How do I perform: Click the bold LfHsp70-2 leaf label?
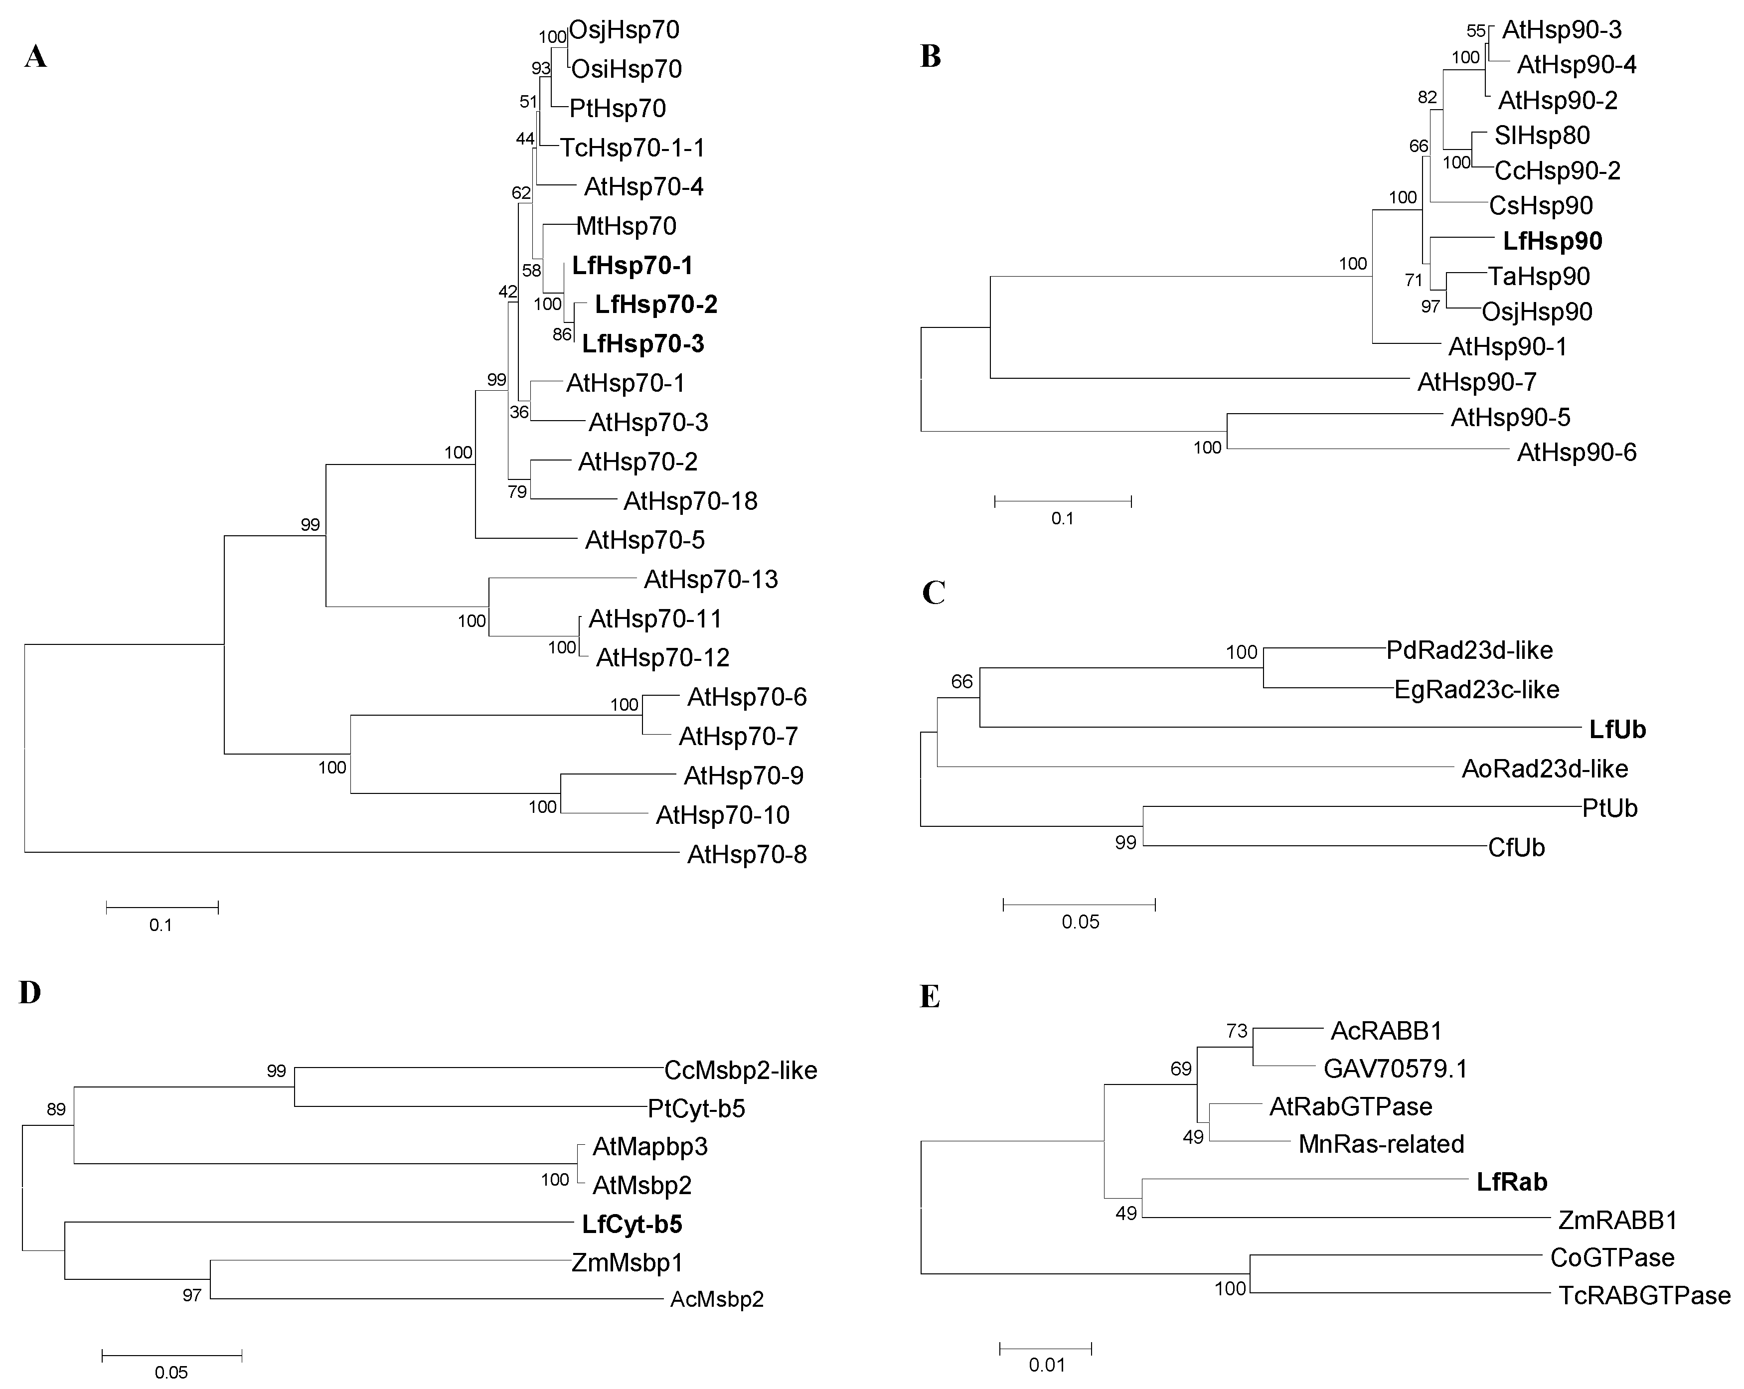(656, 305)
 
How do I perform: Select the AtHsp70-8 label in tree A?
(747, 854)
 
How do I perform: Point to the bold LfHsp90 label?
(1552, 241)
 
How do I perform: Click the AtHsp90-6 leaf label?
(1576, 452)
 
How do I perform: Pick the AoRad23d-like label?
(1544, 769)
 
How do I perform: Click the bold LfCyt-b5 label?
(632, 1225)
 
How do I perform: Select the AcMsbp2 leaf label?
(717, 1300)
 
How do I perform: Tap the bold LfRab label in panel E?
(1512, 1182)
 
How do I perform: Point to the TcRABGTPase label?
(1644, 1296)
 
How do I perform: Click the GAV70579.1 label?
(1396, 1069)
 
